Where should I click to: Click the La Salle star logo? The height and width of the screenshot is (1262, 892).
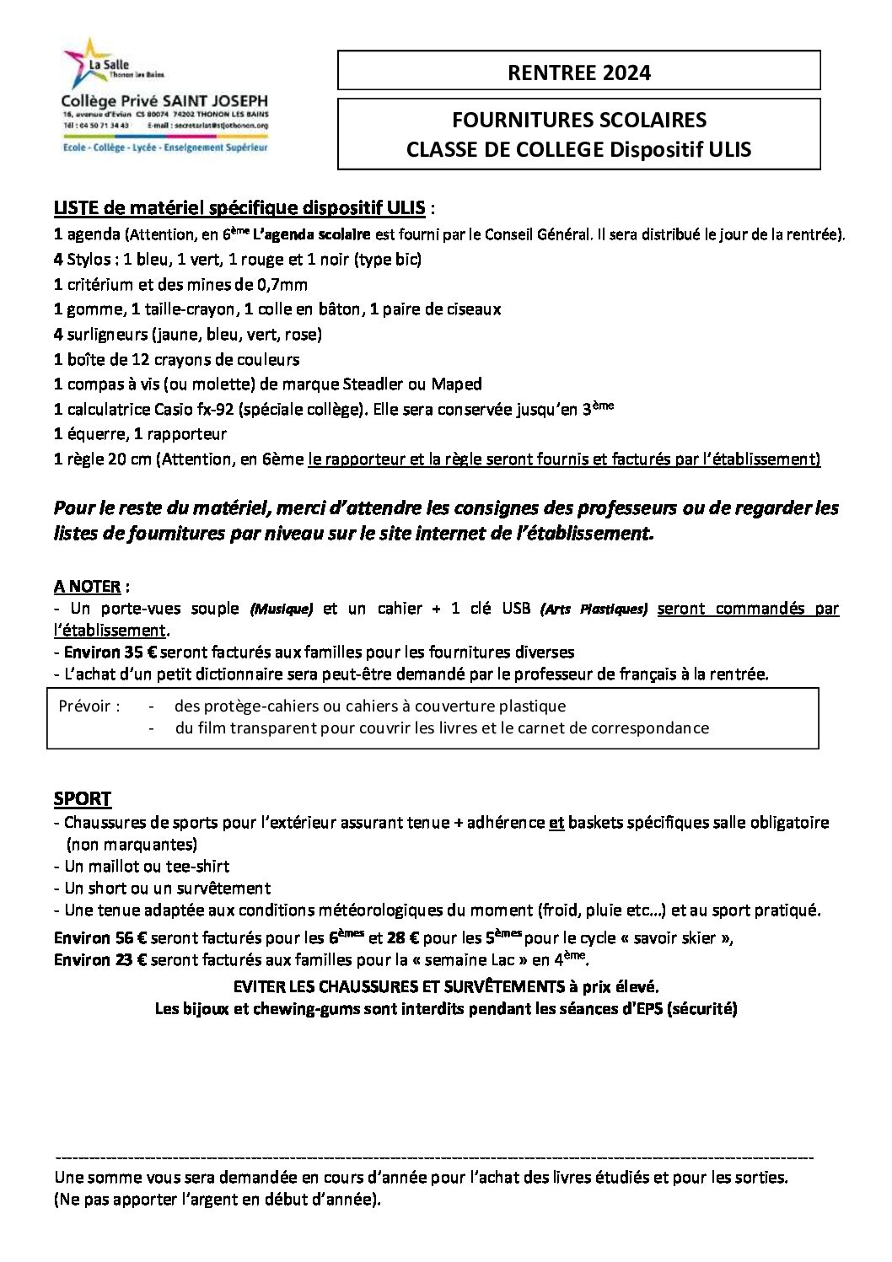click(82, 60)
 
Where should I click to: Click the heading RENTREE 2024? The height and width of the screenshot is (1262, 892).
click(579, 73)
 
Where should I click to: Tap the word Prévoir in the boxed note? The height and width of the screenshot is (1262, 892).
click(84, 706)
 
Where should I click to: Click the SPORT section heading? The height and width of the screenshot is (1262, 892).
click(83, 798)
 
